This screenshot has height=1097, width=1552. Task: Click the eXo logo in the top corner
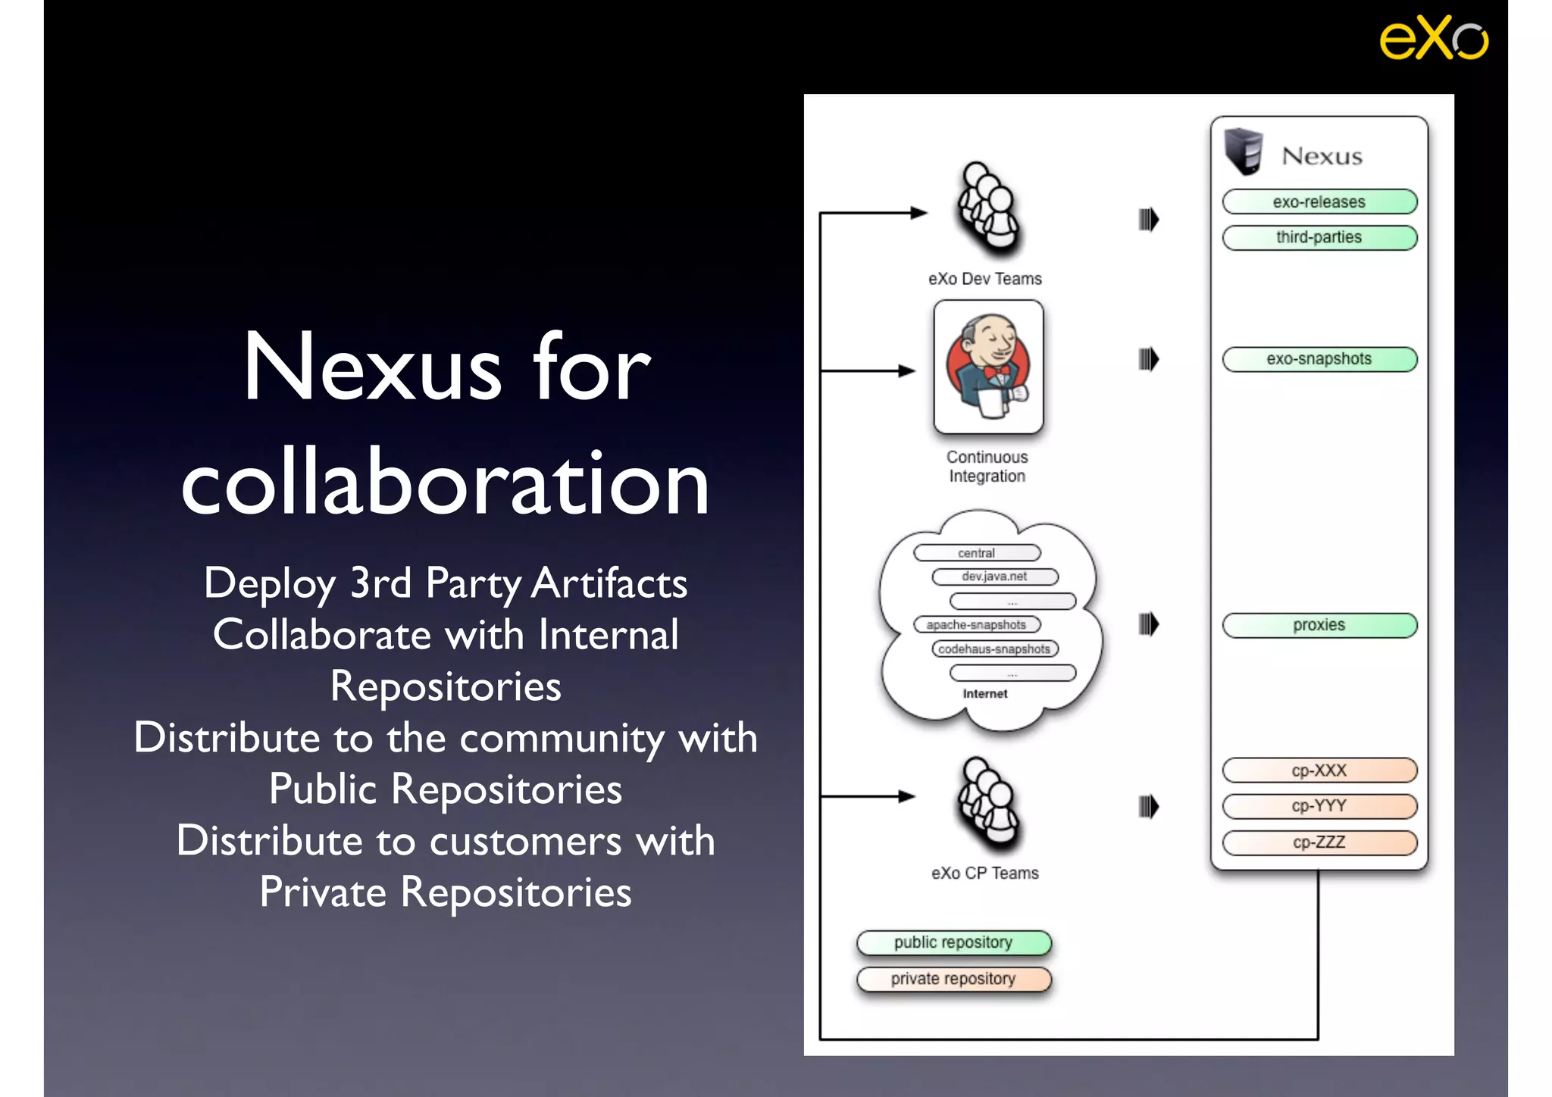coord(1433,38)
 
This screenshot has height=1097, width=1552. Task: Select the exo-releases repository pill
coord(1319,202)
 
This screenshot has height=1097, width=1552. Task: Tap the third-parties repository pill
coord(1319,238)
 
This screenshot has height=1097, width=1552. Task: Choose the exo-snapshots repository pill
coord(1319,359)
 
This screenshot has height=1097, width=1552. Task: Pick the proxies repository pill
coord(1319,626)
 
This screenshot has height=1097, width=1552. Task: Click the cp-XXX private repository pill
coord(1319,770)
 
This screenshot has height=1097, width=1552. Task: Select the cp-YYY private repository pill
coord(1319,806)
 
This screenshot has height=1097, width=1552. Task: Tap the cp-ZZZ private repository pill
coord(1319,842)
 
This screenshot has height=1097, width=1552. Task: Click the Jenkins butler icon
coord(988,367)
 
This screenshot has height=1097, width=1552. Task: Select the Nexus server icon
coord(1244,151)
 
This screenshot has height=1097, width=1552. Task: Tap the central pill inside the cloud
coord(977,553)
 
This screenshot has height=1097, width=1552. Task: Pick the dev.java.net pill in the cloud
coord(995,577)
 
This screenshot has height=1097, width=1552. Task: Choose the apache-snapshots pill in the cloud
coord(977,625)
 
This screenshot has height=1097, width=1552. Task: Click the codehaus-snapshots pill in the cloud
coord(995,649)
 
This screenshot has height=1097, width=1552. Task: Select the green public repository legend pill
coord(953,942)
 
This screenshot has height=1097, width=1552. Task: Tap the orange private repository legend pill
coord(953,979)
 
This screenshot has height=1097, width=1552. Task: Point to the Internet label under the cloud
coord(985,694)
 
